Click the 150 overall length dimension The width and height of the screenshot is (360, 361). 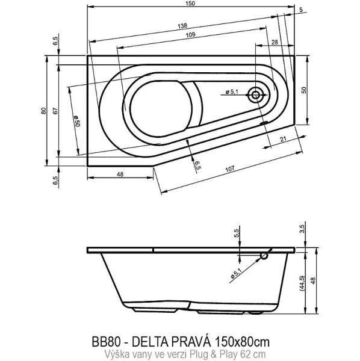coord(190,4)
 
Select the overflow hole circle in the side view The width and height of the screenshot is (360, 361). coord(264,256)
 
